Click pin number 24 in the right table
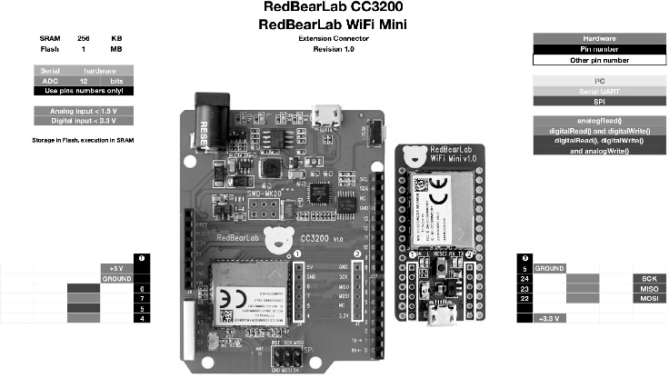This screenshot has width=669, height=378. pos(524,278)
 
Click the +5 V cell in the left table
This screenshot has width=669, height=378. pos(115,269)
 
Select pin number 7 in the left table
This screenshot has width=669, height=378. pos(143,298)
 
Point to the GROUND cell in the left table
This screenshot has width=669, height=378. pos(115,279)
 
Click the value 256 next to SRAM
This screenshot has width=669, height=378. pos(84,39)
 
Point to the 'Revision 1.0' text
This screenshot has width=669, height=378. pos(334,50)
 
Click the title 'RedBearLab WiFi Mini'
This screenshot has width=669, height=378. pos(334,25)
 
